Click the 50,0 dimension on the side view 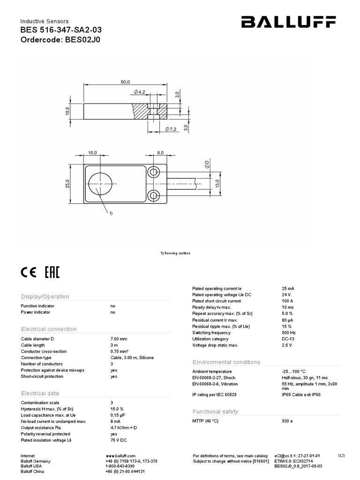125,82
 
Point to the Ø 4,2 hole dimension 141,92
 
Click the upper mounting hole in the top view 153,173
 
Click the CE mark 29,273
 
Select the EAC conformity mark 52,273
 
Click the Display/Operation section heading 45,297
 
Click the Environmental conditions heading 226,362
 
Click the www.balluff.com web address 121,456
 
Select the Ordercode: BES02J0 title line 60,40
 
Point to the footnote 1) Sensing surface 175,253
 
